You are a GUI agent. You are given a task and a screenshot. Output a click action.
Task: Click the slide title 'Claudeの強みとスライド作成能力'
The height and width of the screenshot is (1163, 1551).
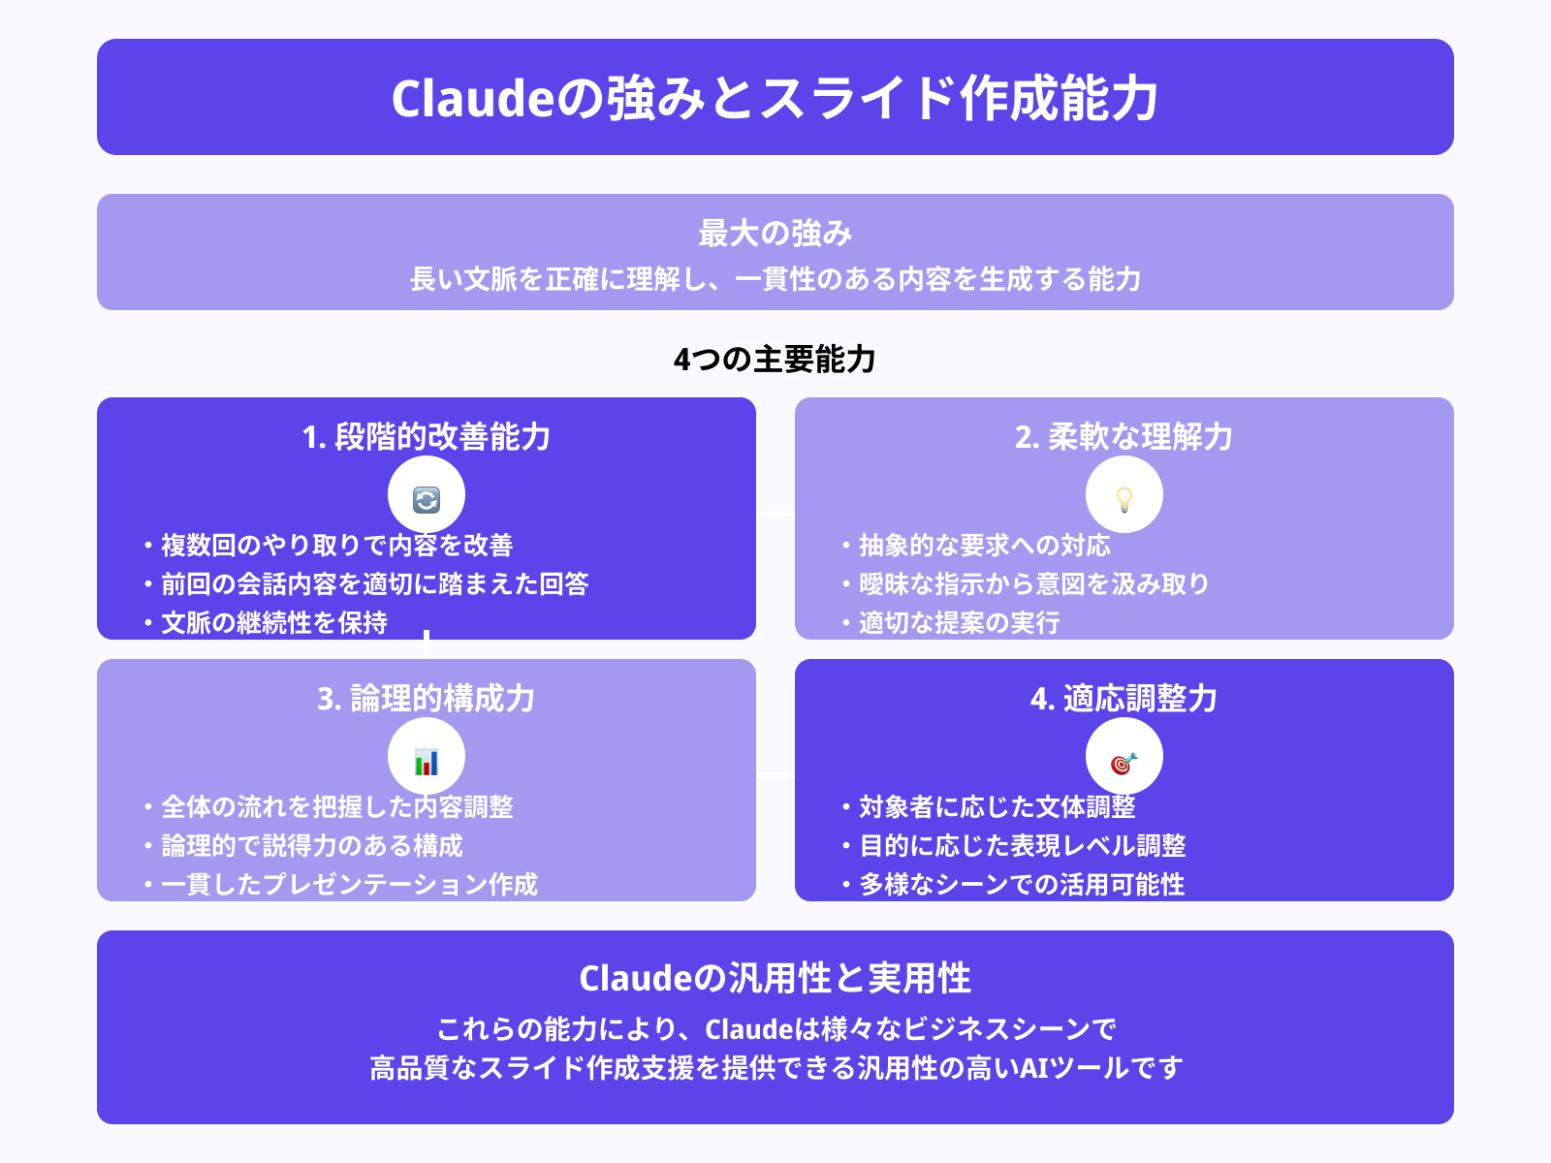point(775,98)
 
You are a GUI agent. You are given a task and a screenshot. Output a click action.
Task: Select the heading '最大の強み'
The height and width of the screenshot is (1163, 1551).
point(775,234)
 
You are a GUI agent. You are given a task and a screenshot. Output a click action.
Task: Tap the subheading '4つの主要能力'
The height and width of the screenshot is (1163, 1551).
point(775,360)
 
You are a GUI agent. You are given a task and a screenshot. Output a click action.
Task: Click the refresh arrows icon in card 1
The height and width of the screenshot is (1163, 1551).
point(427,499)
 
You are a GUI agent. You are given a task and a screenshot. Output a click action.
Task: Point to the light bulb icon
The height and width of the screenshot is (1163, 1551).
point(1124,499)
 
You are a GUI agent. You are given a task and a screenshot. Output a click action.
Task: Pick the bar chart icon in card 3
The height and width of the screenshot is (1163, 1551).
point(427,762)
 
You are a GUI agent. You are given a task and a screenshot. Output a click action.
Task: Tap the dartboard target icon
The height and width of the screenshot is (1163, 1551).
point(1124,763)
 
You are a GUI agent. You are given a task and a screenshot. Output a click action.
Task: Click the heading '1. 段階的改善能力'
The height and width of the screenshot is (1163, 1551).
point(427,437)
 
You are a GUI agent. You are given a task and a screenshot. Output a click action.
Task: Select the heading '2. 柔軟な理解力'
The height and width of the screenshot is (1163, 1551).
point(1124,437)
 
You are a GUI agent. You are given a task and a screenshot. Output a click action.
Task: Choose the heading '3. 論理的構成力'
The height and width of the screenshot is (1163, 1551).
point(427,699)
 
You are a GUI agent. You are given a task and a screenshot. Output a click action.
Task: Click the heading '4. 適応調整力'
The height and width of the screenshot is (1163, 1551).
point(1124,699)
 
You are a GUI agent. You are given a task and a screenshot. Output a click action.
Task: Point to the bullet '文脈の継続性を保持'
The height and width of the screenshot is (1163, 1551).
point(274,623)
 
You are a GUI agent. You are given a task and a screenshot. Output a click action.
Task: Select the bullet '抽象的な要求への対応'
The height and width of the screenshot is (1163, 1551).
point(984,546)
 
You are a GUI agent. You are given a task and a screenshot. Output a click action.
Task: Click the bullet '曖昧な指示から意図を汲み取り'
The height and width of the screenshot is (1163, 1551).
point(1034,584)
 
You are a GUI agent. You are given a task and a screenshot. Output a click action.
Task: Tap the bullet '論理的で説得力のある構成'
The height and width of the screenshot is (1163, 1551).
point(312,846)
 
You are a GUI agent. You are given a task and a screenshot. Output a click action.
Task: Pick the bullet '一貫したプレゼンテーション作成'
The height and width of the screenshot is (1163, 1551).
point(349,885)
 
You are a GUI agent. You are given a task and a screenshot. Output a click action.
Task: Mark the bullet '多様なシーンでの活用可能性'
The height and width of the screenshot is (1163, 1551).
point(1022,885)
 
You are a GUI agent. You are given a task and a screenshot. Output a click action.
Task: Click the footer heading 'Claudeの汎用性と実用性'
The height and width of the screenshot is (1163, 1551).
point(775,979)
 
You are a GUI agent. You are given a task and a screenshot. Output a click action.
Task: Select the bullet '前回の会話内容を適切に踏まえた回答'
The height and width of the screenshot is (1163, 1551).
point(374,584)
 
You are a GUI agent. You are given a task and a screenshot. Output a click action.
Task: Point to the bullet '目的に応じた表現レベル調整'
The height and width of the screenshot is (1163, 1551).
point(1023,846)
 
